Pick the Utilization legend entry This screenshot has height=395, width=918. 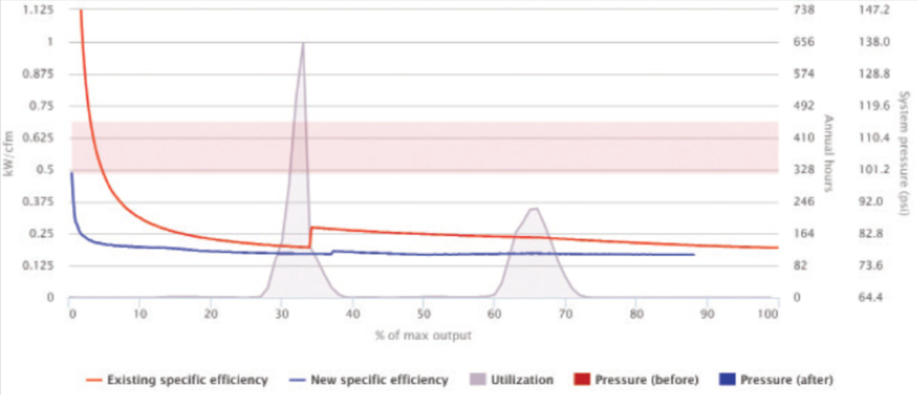click(x=513, y=380)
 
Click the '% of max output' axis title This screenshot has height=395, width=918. click(x=423, y=334)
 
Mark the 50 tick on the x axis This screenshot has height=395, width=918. click(x=423, y=312)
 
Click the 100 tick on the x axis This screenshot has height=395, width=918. click(x=770, y=312)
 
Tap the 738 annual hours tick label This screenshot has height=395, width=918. click(x=804, y=10)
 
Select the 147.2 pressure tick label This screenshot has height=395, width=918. click(x=876, y=10)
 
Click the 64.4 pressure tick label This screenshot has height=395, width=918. click(x=876, y=298)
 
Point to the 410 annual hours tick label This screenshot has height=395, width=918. click(x=804, y=137)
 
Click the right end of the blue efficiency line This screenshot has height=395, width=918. click(x=694, y=254)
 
